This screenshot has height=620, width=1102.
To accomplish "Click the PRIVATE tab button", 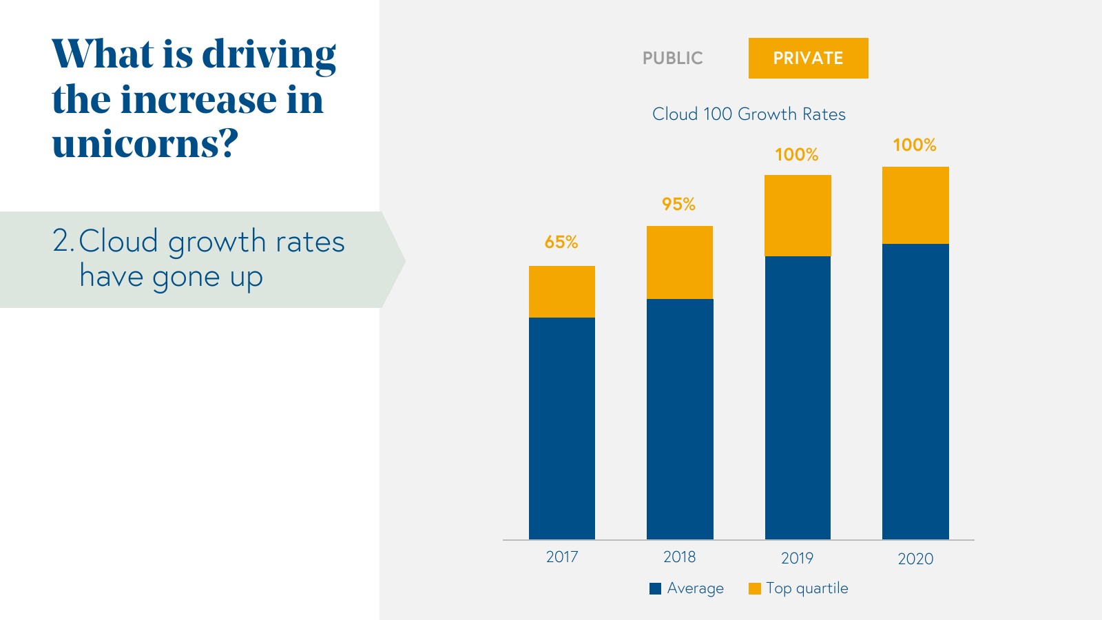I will pos(808,58).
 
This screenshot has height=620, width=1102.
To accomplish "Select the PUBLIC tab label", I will pos(672,58).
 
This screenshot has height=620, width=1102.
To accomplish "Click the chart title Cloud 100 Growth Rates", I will pos(749,114).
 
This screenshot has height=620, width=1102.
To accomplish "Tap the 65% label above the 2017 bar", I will pos(561,242).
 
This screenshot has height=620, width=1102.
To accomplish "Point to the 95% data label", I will pos(678,204).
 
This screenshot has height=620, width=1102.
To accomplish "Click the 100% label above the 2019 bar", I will pos(797,154).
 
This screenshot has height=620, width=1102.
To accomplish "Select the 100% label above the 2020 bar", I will pos(915,145).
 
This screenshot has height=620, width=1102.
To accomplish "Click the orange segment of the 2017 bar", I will pos(562,291).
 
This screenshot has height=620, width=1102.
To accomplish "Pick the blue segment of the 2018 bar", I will pos(680,419).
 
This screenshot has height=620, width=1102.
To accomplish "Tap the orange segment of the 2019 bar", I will pos(798,216).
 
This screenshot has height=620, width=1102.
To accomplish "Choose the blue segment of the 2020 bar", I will pos(915,391).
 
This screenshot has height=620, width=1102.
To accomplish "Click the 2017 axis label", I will pos(562,557).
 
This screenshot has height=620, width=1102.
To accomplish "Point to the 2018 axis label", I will pos(679,557).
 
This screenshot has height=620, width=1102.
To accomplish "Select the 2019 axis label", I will pos(797,558).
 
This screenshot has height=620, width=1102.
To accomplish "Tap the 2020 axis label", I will pos(915,559).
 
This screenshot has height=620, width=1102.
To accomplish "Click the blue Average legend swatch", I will pos(656,588).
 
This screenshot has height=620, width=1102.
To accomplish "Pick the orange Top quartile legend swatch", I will pos(755,588).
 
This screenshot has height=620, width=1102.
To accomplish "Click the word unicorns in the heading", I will pos(138,145).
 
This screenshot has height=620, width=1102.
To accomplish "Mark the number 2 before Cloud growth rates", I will pos(61,241).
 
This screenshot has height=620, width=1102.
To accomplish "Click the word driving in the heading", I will pos(269,55).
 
